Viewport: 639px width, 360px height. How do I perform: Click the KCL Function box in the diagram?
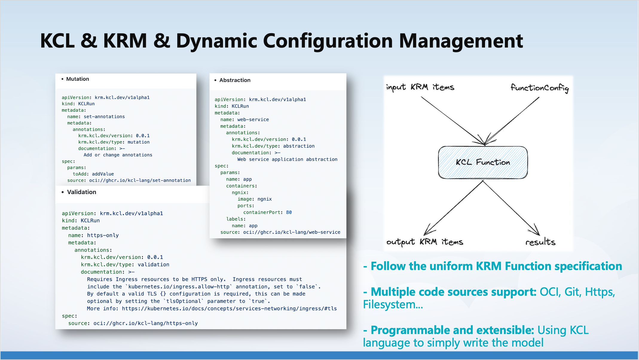(x=483, y=162)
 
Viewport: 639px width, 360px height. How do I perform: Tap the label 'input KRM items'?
(x=420, y=87)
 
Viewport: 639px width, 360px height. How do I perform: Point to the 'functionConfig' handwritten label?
(x=539, y=88)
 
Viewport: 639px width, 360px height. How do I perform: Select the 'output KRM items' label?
(x=424, y=242)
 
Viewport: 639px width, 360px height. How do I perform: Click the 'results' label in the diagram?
(x=540, y=242)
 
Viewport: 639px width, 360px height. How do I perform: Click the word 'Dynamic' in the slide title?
(x=216, y=41)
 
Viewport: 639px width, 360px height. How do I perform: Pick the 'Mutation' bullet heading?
(x=77, y=79)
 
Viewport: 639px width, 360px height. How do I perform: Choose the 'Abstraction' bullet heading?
(x=235, y=80)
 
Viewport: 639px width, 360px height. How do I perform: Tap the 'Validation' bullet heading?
(x=82, y=192)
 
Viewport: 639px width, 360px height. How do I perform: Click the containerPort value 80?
(x=289, y=212)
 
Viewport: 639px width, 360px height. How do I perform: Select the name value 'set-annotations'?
(x=104, y=117)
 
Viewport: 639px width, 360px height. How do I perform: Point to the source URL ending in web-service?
(x=291, y=232)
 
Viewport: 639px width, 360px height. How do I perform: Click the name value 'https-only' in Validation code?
(x=103, y=235)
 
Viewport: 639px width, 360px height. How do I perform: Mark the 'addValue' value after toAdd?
(x=103, y=174)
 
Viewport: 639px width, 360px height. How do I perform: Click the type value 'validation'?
(x=153, y=265)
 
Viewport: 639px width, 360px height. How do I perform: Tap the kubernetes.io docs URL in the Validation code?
(x=229, y=309)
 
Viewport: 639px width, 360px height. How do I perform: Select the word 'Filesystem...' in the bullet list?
(x=393, y=304)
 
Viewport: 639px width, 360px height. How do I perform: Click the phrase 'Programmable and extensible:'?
(x=452, y=330)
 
